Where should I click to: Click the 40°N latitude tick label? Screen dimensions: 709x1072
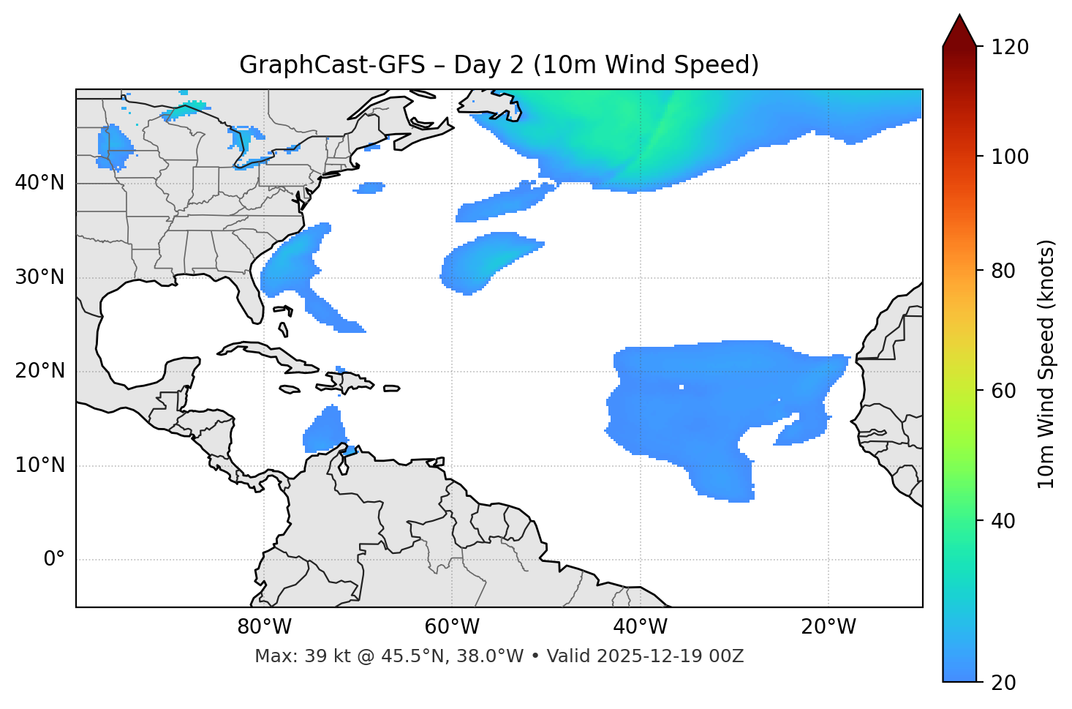coord(39,183)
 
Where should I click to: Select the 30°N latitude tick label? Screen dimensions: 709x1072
coord(39,277)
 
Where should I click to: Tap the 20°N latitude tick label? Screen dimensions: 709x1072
coord(39,371)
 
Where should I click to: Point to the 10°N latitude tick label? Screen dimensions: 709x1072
coord(39,465)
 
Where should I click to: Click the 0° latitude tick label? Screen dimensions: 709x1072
coord(54,560)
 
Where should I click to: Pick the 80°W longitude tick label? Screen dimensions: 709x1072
coord(264,627)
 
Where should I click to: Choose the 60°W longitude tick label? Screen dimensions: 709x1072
coord(452,627)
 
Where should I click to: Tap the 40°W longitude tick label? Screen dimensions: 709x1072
coord(640,627)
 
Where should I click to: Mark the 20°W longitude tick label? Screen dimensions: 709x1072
coord(828,627)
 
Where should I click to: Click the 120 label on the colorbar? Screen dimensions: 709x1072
coord(1009,48)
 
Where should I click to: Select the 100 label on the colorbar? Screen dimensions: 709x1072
coord(1009,157)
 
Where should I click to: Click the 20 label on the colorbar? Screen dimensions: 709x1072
coord(1004,683)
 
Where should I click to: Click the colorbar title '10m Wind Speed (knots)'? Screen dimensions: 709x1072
coord(1046,364)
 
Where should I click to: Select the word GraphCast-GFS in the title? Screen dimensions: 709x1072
coord(332,65)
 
